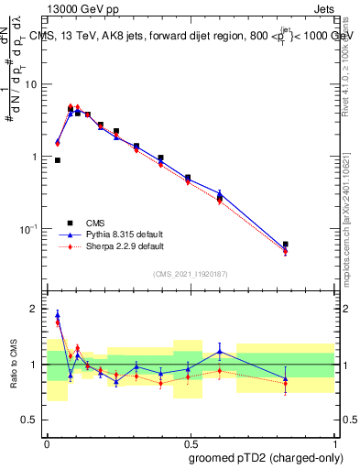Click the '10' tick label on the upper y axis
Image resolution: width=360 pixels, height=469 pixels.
pyautogui.click(x=30, y=84)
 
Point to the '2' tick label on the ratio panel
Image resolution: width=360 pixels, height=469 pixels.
pyautogui.click(x=35, y=309)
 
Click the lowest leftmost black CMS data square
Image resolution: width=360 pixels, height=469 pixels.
pyautogui.click(x=58, y=160)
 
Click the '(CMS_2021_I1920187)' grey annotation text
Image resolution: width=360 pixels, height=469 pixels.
pyautogui.click(x=190, y=273)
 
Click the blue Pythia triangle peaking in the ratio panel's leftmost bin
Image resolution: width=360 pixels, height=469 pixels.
pyautogui.click(x=58, y=314)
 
